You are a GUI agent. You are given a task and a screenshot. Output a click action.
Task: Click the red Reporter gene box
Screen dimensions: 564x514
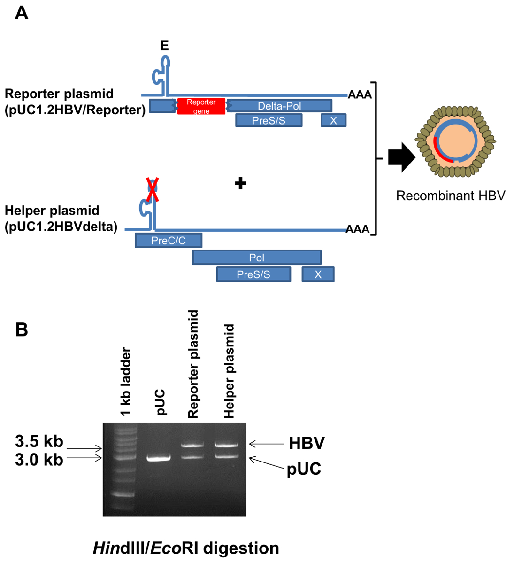click(201, 106)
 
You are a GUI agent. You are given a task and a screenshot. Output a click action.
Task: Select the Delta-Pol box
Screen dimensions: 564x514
click(280, 106)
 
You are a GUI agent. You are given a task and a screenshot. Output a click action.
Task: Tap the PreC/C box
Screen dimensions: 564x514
click(169, 241)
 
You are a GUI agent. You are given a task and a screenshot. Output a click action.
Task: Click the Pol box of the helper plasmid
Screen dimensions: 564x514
click(257, 258)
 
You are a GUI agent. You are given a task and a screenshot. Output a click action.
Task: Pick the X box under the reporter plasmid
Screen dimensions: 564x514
click(333, 120)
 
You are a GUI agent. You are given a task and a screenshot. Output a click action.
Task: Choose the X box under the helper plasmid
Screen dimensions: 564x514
click(318, 274)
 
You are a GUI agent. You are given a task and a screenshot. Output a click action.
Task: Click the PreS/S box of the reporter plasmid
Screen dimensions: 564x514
click(269, 120)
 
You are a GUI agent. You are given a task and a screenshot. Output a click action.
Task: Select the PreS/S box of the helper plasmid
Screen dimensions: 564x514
click(253, 274)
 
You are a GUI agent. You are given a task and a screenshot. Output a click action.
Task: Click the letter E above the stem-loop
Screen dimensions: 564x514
click(164, 46)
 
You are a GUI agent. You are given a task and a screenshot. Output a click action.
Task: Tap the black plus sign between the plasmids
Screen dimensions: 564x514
click(240, 183)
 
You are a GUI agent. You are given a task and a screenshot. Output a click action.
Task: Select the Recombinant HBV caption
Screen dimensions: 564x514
click(450, 196)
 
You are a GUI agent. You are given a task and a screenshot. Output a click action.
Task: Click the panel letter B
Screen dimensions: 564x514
click(22, 329)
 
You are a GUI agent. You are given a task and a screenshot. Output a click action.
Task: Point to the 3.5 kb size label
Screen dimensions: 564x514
click(39, 441)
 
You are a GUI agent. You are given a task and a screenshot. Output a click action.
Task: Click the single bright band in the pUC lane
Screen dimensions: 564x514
click(159, 458)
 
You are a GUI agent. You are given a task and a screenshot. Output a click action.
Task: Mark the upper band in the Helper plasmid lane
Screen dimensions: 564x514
click(227, 444)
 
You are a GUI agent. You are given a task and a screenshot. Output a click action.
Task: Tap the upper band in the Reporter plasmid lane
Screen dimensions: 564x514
click(192, 444)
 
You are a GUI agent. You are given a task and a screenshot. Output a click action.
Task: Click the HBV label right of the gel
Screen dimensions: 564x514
click(307, 443)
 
